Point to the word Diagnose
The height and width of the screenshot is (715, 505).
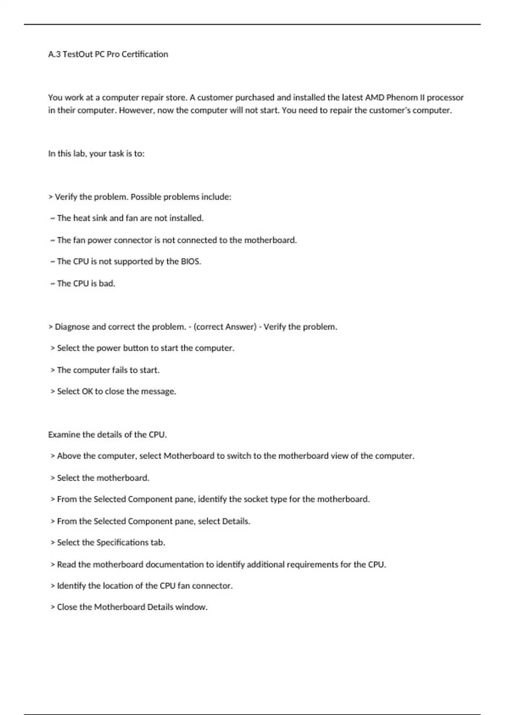click(72, 327)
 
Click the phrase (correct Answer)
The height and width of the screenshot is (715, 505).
click(225, 327)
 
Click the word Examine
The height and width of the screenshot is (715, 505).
click(64, 435)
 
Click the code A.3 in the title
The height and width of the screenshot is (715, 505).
click(54, 54)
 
